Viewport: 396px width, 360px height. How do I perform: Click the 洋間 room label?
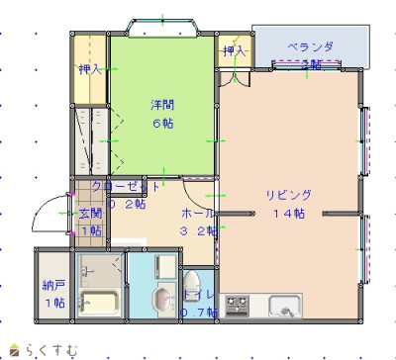point(162,104)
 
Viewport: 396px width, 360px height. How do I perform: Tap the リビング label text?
point(288,194)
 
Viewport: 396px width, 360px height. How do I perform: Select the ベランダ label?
point(311,46)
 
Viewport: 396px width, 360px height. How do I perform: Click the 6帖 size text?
point(162,123)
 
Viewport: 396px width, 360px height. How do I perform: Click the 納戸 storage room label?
point(53,286)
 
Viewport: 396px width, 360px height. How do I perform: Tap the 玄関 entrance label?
point(90,213)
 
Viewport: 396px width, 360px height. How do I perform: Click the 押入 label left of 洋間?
point(90,69)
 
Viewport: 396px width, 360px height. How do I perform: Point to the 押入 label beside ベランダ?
point(234,50)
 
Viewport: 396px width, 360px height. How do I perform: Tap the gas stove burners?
point(239,306)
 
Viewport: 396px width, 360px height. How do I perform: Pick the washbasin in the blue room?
point(158,298)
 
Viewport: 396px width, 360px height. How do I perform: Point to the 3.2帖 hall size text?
point(196,230)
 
